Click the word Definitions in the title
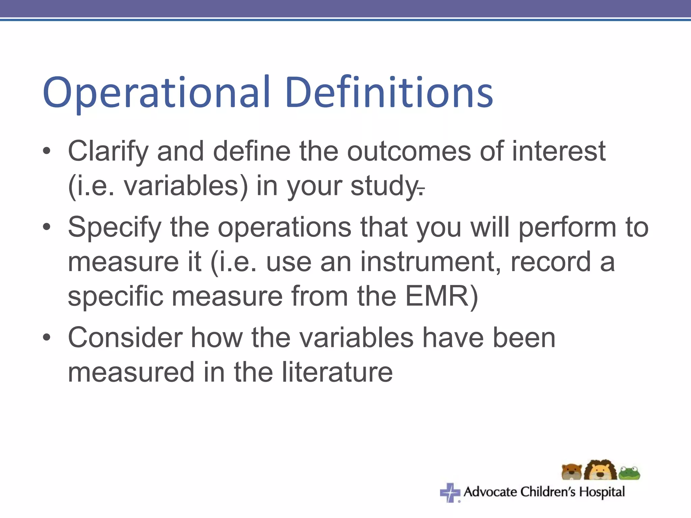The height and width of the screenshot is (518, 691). tap(389, 93)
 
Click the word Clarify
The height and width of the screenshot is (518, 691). tap(108, 151)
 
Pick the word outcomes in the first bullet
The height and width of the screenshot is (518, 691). tap(409, 151)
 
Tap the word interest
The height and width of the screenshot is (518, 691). tap(559, 151)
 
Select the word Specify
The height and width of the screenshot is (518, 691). tap(115, 227)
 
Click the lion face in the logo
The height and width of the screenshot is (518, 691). tap(600, 470)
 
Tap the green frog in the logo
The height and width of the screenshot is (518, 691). tap(629, 473)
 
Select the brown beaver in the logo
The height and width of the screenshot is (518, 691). tap(572, 472)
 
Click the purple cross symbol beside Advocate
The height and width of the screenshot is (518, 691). tap(450, 492)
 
